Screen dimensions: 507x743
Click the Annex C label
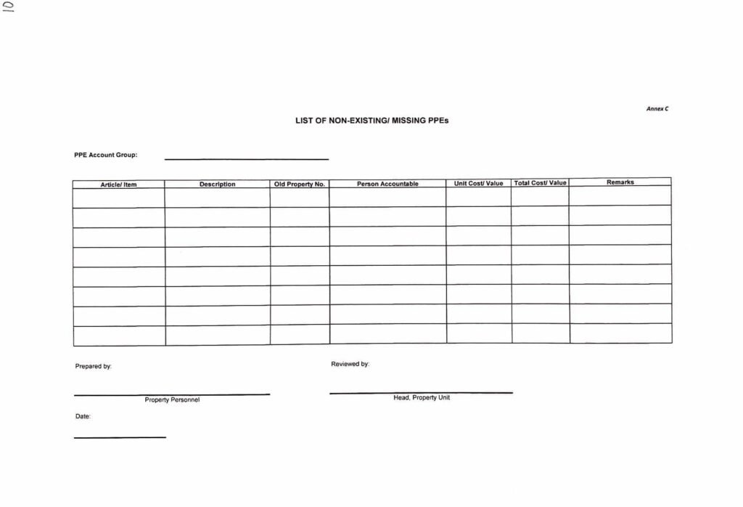click(x=657, y=108)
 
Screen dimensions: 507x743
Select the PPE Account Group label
click(x=106, y=155)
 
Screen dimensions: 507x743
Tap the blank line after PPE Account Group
click(x=247, y=158)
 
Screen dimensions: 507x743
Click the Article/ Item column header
click(x=118, y=184)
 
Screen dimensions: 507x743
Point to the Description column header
click(x=217, y=184)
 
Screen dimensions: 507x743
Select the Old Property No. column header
click(x=299, y=184)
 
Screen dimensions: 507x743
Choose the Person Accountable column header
click(x=387, y=184)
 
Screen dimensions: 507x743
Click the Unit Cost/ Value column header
click(x=478, y=183)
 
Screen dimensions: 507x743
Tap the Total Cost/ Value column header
click(x=540, y=183)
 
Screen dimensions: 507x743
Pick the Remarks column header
click(x=620, y=182)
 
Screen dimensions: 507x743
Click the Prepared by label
click(x=93, y=367)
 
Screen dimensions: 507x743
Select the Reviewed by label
click(x=350, y=364)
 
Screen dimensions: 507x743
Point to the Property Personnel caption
click(x=172, y=400)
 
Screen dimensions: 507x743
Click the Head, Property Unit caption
click(x=422, y=398)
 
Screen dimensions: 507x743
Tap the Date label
click(x=83, y=417)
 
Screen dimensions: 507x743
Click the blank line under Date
click(x=120, y=437)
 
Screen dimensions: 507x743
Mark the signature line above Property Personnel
click(x=172, y=394)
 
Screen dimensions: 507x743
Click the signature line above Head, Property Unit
click(x=421, y=392)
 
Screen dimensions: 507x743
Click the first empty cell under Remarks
click(x=620, y=195)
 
